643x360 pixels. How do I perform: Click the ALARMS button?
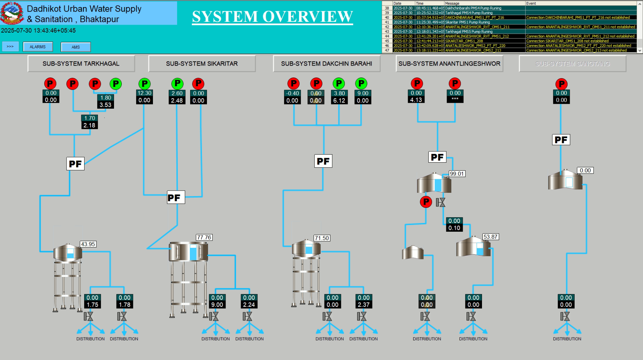[38, 47]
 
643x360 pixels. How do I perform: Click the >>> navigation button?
[10, 46]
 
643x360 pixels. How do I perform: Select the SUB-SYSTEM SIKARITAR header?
[202, 64]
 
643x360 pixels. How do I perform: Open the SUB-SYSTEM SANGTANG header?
[572, 64]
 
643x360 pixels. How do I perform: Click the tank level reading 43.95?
[88, 244]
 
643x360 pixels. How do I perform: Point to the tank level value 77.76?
[204, 237]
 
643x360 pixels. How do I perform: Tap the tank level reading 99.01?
[457, 174]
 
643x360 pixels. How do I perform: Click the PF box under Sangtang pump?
[561, 140]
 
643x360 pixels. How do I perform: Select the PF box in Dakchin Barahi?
[323, 161]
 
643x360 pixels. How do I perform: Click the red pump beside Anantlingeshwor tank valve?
[426, 202]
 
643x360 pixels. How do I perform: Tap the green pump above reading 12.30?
[144, 84]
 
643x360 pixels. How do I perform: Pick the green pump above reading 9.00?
[361, 83]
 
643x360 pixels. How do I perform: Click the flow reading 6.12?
[339, 101]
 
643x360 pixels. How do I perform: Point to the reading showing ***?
[455, 100]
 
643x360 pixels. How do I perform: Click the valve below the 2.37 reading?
[362, 317]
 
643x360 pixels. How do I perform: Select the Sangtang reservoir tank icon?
[565, 180]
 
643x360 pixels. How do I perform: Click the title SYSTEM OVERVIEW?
[272, 16]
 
